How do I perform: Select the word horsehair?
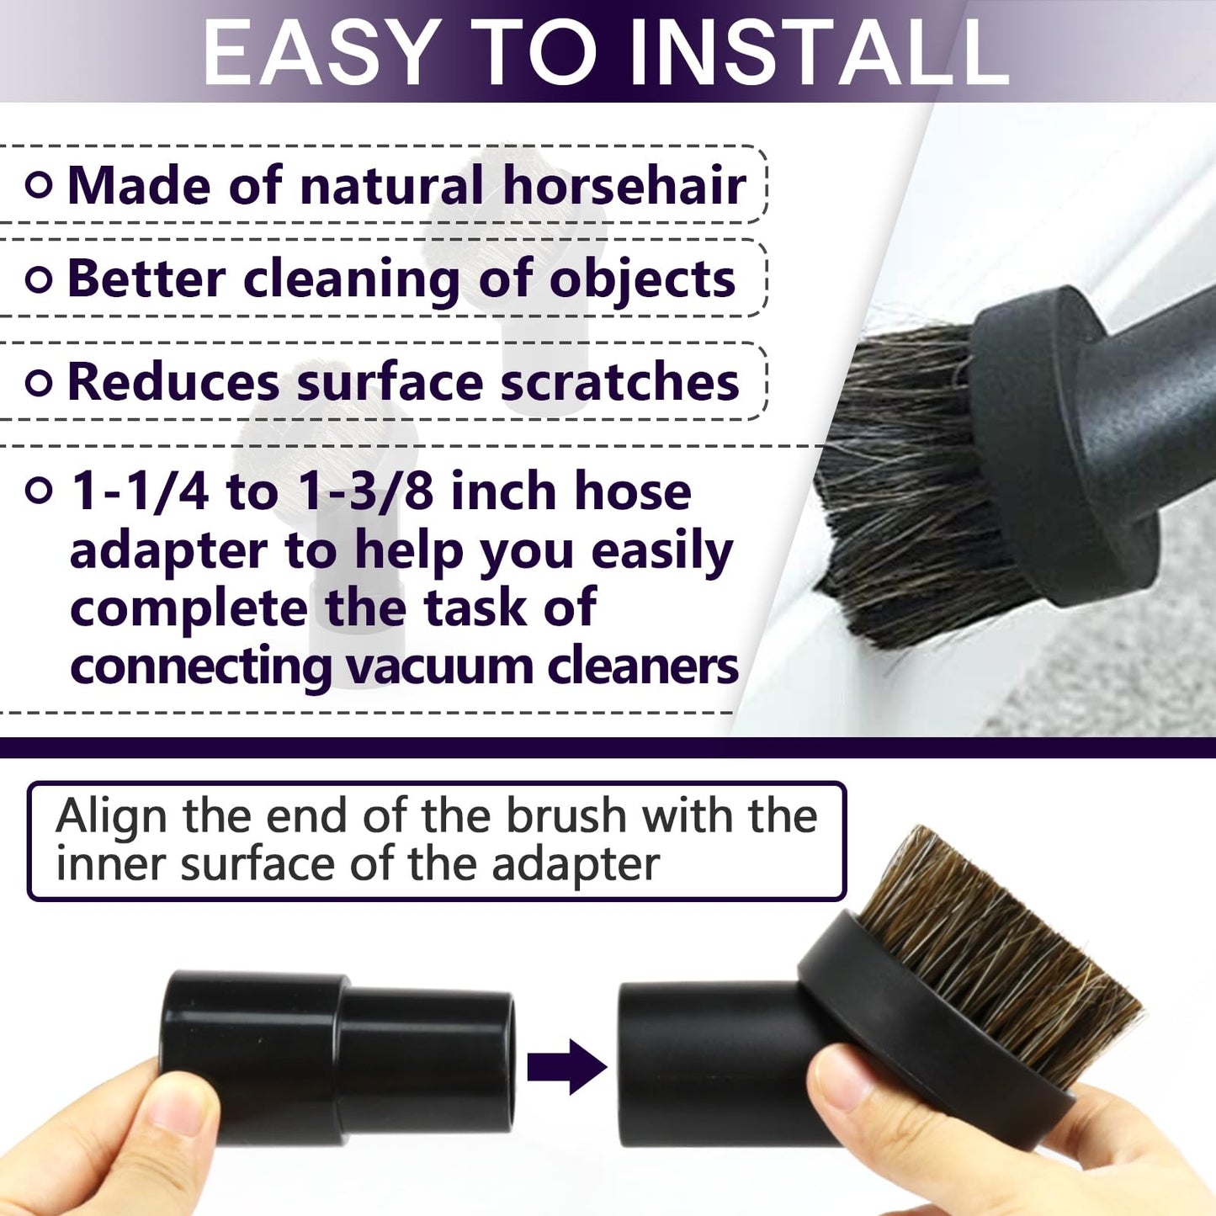click(624, 185)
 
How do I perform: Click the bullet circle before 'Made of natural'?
click(39, 185)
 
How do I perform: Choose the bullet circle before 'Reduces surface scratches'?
click(39, 383)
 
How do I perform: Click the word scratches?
click(619, 383)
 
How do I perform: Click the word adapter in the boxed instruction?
click(575, 864)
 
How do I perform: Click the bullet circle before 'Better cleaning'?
click(39, 279)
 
